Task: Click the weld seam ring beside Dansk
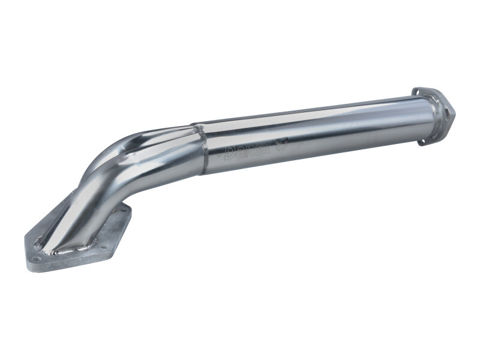point(202,151)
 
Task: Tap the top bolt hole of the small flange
point(416,92)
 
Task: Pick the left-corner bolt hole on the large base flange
point(35,259)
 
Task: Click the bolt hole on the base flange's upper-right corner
point(122,210)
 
